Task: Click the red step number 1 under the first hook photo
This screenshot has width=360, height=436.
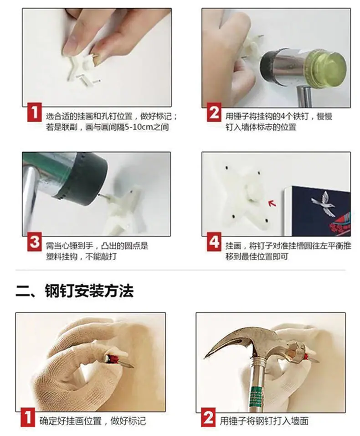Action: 35,112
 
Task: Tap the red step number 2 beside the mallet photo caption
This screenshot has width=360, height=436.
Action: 214,112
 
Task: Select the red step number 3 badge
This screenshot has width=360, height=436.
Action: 35,242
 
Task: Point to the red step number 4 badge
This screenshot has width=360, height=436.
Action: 214,242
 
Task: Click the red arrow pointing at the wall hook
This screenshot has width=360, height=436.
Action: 272,203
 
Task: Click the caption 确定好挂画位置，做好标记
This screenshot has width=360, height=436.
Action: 93,420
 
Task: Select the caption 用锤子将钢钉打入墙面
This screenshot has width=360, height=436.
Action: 264,420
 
